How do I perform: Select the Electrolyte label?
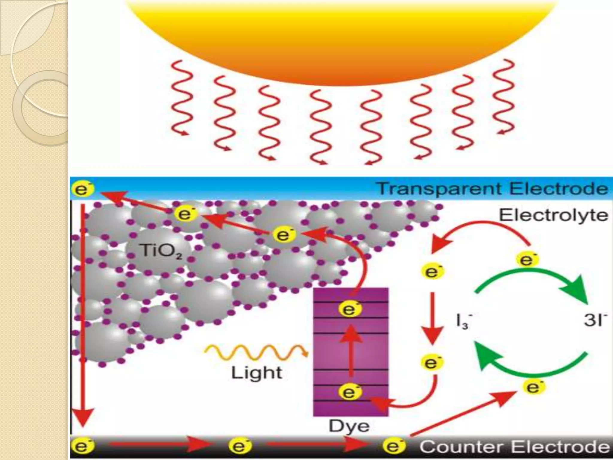click(x=553, y=215)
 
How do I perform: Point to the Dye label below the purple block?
click(x=349, y=426)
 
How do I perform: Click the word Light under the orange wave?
click(x=257, y=373)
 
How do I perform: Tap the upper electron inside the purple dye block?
click(x=350, y=309)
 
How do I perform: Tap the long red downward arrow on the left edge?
click(x=83, y=314)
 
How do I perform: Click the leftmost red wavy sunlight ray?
click(x=180, y=97)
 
